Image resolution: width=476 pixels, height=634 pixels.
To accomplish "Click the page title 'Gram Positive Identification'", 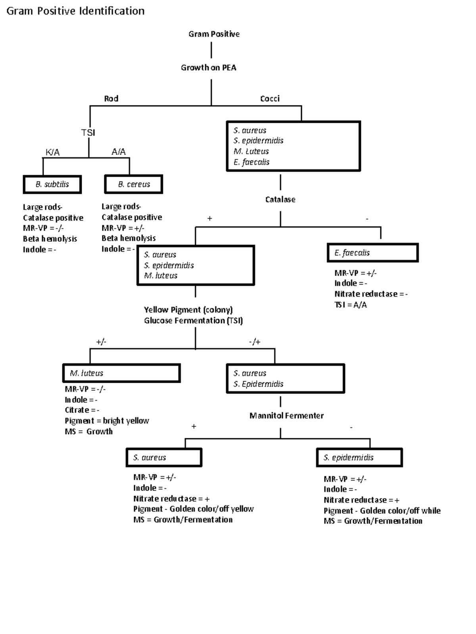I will click(75, 11).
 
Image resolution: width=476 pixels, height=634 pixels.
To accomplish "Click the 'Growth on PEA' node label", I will click(209, 68).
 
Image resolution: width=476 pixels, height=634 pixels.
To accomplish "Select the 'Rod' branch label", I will click(111, 98).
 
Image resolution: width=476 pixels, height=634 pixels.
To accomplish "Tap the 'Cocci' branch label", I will click(270, 98).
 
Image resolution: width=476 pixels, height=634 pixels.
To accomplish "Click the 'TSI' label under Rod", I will click(88, 132).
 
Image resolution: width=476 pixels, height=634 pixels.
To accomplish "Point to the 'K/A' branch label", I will click(52, 152).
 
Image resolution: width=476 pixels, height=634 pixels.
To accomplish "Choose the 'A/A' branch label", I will click(118, 152).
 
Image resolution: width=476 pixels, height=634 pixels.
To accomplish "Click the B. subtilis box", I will click(52, 184).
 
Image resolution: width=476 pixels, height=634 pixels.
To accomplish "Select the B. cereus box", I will click(134, 184).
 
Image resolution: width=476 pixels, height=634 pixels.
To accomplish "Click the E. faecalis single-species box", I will click(372, 253).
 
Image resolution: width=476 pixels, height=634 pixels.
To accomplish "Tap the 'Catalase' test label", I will click(280, 199).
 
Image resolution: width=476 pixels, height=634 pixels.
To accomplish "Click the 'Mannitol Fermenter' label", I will click(286, 416).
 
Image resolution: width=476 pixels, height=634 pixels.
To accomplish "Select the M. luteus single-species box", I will click(121, 373).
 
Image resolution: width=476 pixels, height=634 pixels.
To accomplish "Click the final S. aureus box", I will click(164, 458).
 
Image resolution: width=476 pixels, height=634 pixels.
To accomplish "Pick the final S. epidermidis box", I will click(359, 458).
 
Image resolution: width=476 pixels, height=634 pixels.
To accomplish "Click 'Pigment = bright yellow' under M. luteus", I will click(107, 421).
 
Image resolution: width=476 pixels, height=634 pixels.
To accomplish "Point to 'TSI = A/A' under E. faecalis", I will click(350, 305).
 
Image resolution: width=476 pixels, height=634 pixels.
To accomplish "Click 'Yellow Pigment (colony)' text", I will click(188, 310).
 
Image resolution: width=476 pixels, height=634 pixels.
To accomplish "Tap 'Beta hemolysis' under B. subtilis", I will click(50, 239).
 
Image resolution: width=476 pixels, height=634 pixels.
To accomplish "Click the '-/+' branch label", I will click(255, 342).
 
